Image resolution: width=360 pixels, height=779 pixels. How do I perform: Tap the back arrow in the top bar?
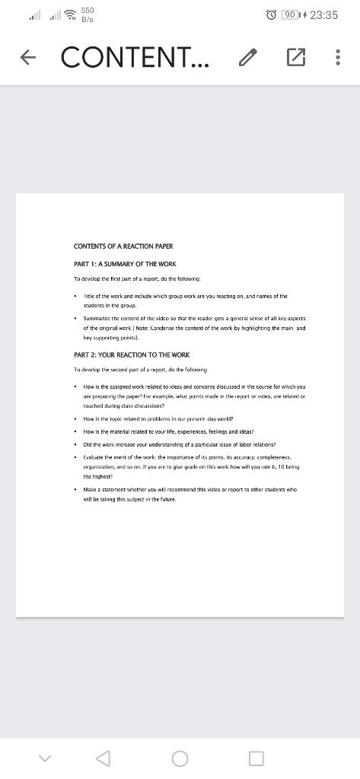pos(27,57)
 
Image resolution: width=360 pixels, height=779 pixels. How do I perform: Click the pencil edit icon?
pos(248,57)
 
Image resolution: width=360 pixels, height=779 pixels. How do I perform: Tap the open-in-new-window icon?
pos(295,57)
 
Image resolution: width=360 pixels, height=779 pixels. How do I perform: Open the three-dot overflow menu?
pos(337,57)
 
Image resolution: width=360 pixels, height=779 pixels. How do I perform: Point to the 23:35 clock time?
pos(323,15)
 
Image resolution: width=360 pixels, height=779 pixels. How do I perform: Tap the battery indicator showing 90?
pos(291,15)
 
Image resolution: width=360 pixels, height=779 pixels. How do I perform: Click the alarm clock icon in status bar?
pos(271,15)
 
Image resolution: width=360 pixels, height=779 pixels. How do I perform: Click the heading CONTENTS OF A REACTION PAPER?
pos(123,246)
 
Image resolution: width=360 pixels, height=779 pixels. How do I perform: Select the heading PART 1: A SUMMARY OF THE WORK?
pos(125,263)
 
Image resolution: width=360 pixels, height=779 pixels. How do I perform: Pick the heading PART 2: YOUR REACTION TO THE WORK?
pos(132,355)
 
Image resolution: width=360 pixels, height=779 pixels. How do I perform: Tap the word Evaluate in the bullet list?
pos(96,456)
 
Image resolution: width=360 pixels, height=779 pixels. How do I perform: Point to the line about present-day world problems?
pos(158,418)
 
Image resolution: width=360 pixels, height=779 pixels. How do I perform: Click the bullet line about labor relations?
pos(179,444)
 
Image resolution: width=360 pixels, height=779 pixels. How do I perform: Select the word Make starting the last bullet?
pos(90,489)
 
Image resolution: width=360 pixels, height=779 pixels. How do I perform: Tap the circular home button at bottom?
pos(180,758)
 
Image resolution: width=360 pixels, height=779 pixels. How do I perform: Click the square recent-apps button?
pos(256,758)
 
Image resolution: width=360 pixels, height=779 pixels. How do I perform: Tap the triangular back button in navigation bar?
pos(103,758)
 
